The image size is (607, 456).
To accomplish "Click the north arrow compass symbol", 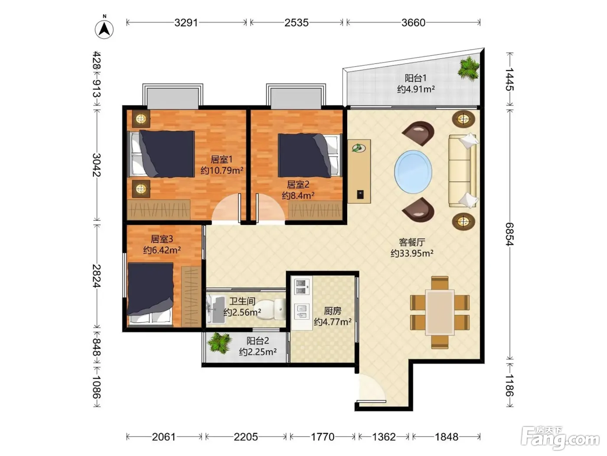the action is [104, 29].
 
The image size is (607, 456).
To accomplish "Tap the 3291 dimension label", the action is [186, 23].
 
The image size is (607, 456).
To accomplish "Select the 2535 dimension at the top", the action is [297, 23].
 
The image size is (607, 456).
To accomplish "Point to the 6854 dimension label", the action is [509, 234].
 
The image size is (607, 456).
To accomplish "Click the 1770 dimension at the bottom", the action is [323, 437].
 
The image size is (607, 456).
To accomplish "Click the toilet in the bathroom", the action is [270, 309].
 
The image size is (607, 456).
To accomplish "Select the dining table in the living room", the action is [440, 312].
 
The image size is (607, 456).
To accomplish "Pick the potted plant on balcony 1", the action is [468, 68].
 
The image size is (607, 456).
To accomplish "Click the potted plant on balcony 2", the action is [219, 343].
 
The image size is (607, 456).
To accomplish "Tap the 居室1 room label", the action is [222, 159].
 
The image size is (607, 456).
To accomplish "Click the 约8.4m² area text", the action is [298, 196].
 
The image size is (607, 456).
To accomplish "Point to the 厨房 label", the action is [333, 311].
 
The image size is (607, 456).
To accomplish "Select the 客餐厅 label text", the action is [412, 242].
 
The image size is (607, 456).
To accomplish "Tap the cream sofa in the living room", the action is [463, 171].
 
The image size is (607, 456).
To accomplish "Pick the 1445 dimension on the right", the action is [509, 79].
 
